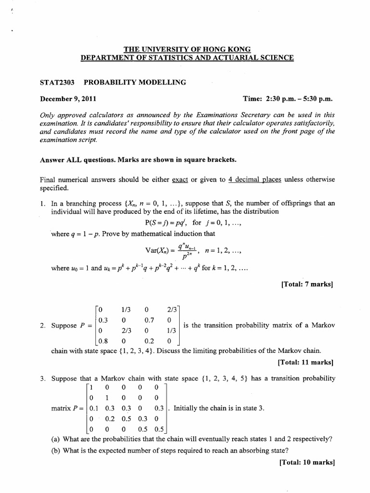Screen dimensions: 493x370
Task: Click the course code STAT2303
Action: [57, 82]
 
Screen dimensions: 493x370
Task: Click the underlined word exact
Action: [181, 180]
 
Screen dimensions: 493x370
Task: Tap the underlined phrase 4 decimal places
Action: [248, 180]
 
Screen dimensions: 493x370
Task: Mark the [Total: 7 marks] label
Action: [307, 284]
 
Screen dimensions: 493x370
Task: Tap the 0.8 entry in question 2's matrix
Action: [104, 341]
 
